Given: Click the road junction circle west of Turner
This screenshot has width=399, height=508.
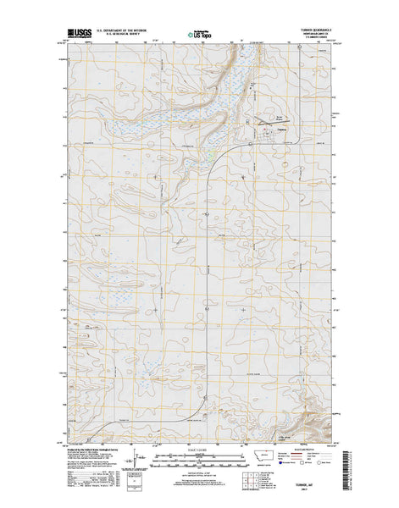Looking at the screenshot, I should (x=252, y=145).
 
